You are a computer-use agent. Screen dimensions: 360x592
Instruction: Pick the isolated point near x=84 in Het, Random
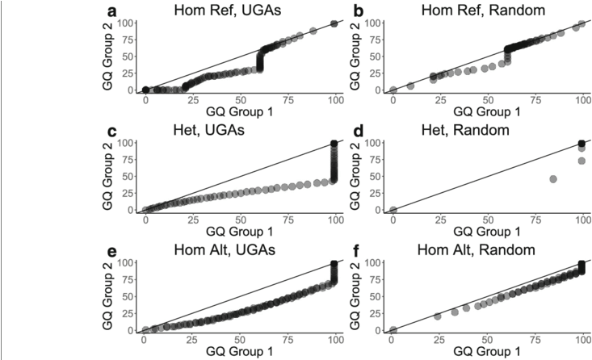point(553,178)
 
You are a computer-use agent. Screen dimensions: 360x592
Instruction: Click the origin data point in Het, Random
point(393,210)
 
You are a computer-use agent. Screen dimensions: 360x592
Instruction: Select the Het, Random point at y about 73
point(582,161)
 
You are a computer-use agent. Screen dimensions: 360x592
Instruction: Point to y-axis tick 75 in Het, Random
point(376,159)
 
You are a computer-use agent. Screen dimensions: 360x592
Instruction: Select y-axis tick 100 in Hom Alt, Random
point(374,263)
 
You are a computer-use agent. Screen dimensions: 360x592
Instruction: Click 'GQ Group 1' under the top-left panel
point(240,111)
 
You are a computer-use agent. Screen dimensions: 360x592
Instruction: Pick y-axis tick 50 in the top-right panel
point(376,56)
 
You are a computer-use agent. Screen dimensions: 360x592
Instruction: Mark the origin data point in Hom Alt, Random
point(393,329)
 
